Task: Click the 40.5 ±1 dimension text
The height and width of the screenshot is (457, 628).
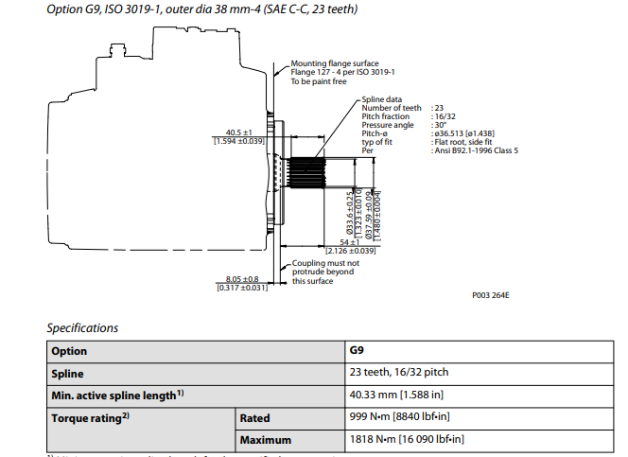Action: coord(238,132)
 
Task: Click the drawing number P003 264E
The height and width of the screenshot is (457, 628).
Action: coord(491,294)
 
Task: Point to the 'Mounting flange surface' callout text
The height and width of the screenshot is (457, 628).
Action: coord(334,63)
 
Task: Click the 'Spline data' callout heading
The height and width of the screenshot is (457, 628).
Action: coord(381,99)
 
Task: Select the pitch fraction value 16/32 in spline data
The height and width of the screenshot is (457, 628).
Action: coord(445,115)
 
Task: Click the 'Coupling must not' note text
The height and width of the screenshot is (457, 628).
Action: coord(324,263)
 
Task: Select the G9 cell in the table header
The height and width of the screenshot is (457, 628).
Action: coord(358,351)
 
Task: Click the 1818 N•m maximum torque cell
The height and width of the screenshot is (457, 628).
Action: coord(407,440)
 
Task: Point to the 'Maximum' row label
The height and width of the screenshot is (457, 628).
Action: coord(266,440)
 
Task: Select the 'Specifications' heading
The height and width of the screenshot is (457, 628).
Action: coord(82,328)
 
